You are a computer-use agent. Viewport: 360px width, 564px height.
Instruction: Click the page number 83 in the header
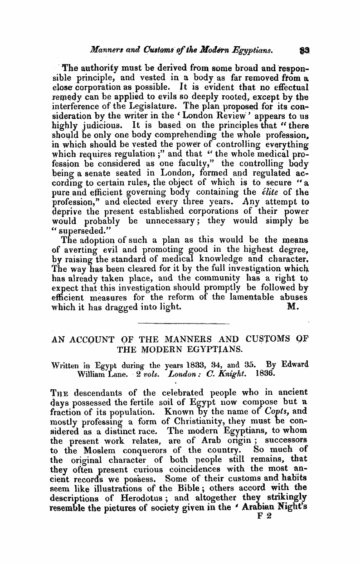point(304,46)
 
